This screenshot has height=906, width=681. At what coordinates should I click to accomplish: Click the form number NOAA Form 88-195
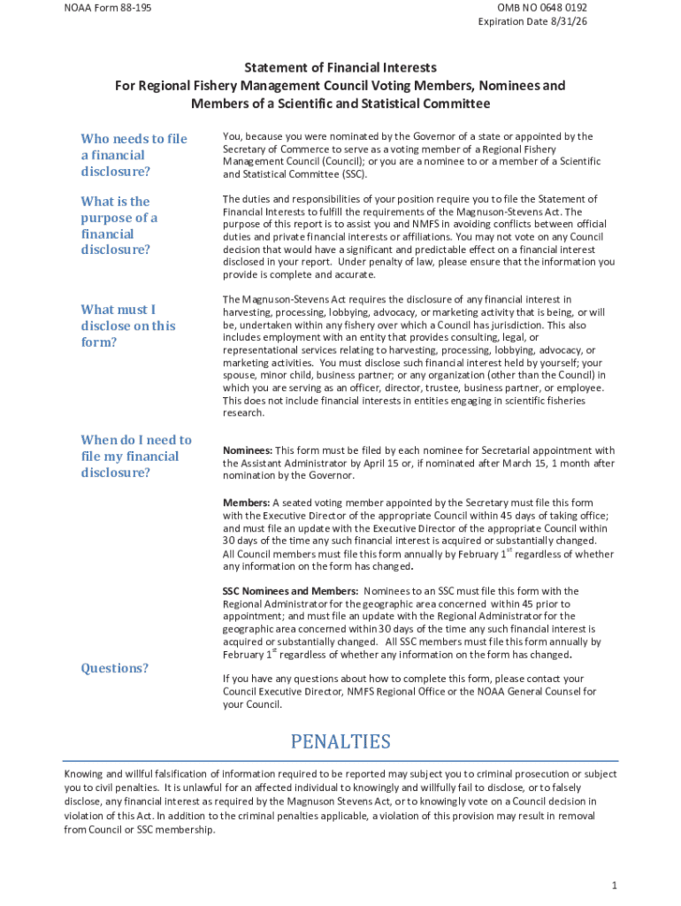click(x=101, y=8)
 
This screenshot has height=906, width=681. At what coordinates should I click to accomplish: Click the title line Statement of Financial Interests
click(x=340, y=67)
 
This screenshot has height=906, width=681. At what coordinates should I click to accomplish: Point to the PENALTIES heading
click(x=340, y=741)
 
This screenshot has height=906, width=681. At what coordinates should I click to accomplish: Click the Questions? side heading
click(x=115, y=668)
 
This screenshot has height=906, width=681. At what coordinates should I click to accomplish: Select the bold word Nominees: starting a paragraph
click(x=248, y=451)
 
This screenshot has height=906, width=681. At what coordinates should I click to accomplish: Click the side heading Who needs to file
click(x=134, y=139)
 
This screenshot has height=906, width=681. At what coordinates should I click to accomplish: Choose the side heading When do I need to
click(x=136, y=440)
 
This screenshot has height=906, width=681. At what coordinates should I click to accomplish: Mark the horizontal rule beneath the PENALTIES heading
click(x=340, y=760)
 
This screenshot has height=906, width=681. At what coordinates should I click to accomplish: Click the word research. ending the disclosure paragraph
click(x=243, y=412)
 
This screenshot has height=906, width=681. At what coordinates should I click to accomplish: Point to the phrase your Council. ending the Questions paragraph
click(x=252, y=704)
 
